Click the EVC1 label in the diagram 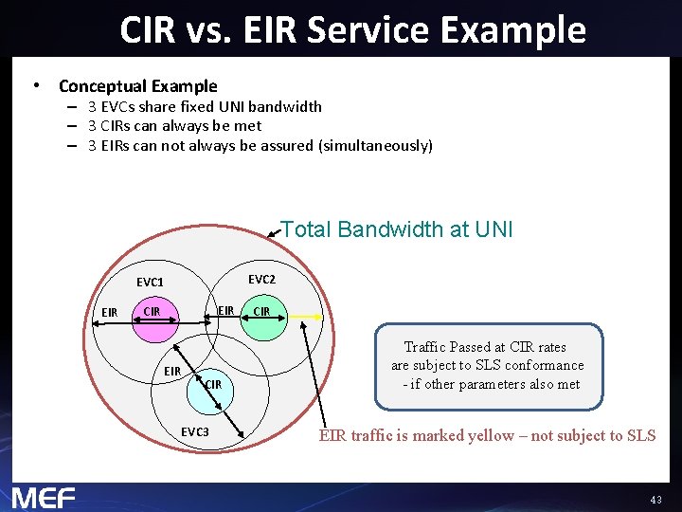tap(150, 282)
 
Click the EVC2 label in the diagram tap(261, 280)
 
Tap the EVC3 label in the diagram tap(195, 432)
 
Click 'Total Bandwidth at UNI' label tap(397, 229)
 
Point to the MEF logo tap(44, 496)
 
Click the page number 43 tap(655, 500)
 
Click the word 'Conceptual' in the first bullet tap(101, 86)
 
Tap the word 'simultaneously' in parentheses tap(376, 146)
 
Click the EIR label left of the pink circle tap(110, 313)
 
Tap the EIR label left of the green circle tap(225, 311)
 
